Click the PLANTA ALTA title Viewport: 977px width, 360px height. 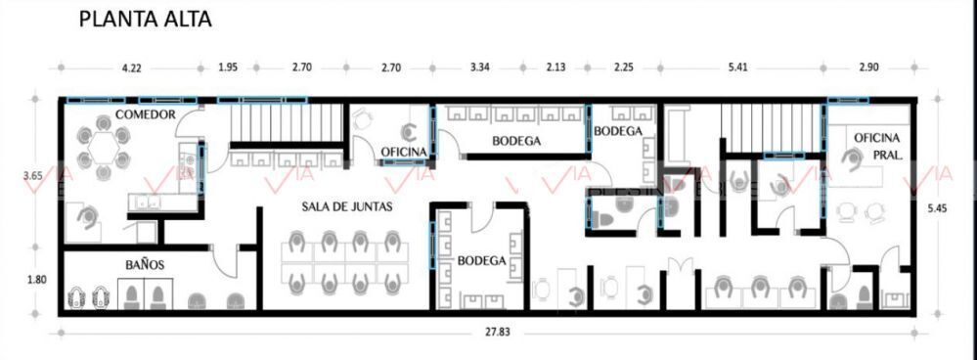(145, 19)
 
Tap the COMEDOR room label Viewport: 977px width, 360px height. (145, 114)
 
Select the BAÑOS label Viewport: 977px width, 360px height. (144, 265)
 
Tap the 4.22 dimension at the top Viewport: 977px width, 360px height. (130, 68)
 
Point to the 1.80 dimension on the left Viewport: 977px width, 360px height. (38, 280)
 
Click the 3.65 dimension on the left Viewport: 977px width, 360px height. (32, 176)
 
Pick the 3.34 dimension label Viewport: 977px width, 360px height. (480, 67)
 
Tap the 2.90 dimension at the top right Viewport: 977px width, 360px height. (868, 67)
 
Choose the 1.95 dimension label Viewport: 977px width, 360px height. (227, 67)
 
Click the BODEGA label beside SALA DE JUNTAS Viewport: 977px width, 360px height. (481, 261)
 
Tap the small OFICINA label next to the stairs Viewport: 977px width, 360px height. (404, 152)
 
